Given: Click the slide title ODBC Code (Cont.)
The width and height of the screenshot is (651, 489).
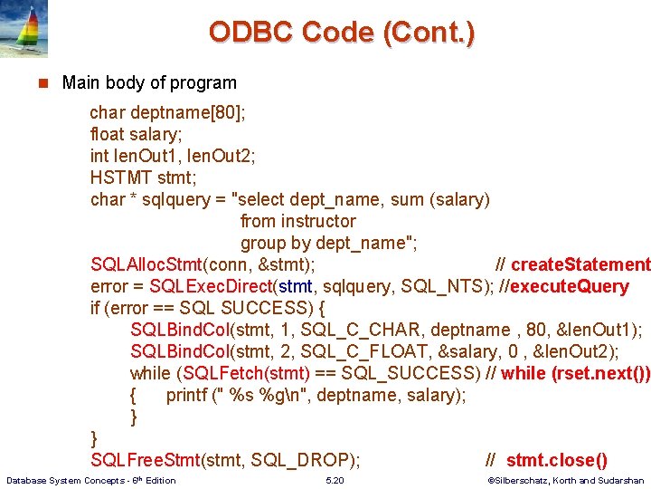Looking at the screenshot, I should (x=341, y=33).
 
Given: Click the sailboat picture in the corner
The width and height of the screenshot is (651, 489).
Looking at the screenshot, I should (x=24, y=28).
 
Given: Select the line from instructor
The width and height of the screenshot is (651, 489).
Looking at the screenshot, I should (x=297, y=221).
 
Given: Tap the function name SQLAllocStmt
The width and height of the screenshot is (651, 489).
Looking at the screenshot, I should (x=146, y=264).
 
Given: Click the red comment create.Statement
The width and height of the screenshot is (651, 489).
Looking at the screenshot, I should (x=580, y=264).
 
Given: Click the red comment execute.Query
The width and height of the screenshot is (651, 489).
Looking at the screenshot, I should (x=570, y=286).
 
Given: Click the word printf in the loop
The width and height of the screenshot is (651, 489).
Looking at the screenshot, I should (x=190, y=395).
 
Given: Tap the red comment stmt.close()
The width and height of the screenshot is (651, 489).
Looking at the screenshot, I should (x=556, y=460).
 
